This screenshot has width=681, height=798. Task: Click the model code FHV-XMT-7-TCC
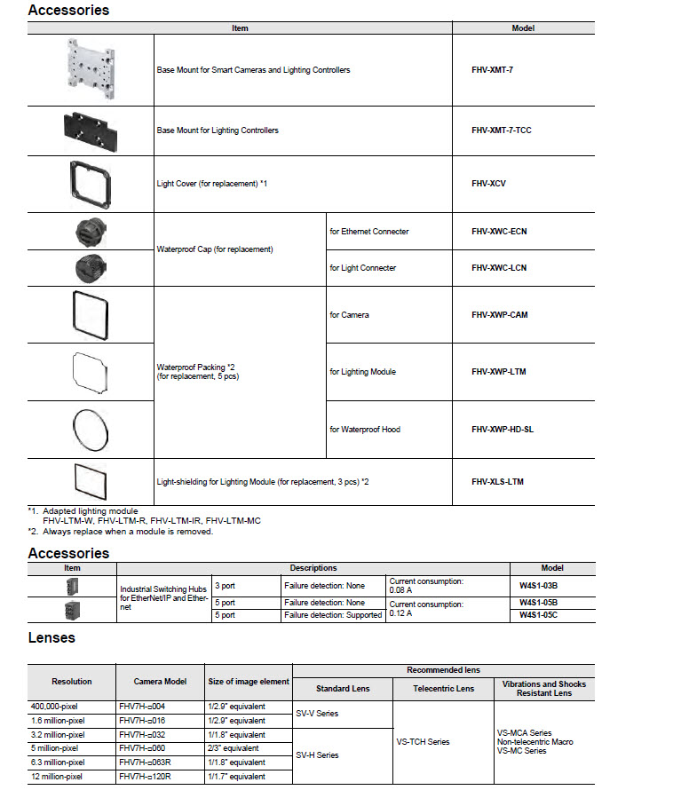(x=502, y=130)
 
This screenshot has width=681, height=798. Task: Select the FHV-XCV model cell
(x=487, y=184)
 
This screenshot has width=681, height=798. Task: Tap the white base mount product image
(x=91, y=68)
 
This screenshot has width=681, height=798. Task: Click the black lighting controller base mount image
(x=90, y=130)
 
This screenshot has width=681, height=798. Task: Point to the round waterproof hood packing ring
(x=90, y=429)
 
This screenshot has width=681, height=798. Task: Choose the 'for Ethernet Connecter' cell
(x=368, y=232)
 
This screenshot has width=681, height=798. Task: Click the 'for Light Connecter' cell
(x=362, y=268)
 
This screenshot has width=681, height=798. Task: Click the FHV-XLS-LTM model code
(x=497, y=482)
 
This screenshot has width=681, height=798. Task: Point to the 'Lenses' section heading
(x=51, y=637)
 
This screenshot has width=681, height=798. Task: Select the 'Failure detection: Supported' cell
(x=333, y=615)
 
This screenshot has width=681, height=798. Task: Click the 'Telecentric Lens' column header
(x=443, y=689)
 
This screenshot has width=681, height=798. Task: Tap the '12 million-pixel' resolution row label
(x=59, y=777)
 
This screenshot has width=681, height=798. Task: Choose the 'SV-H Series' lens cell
(x=317, y=755)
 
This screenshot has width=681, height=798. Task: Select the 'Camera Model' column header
(x=160, y=682)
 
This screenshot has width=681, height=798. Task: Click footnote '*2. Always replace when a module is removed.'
(x=121, y=532)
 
